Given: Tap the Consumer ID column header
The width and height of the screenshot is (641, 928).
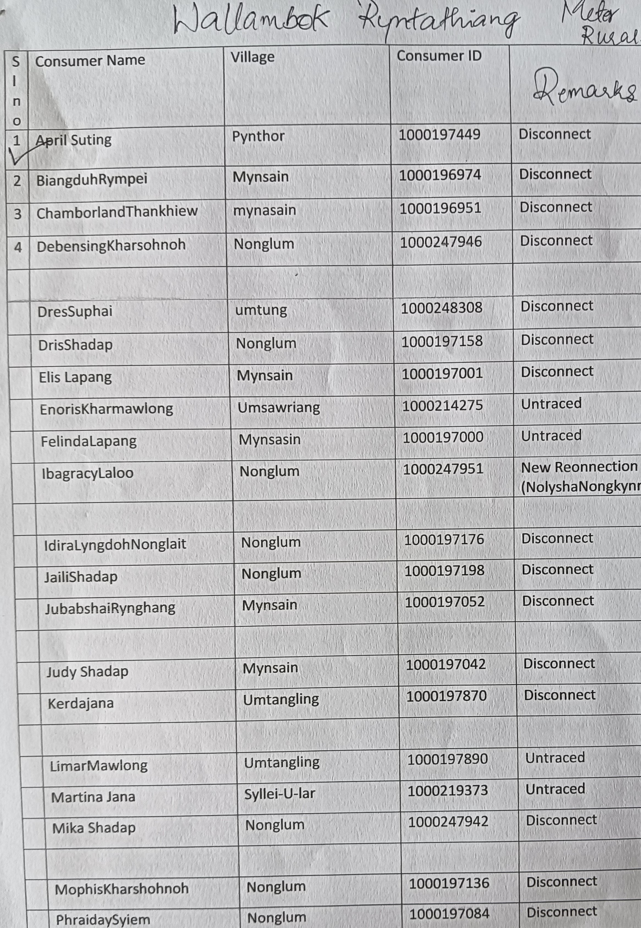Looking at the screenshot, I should tap(439, 56).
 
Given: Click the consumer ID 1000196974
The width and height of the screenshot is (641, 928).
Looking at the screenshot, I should tap(440, 175).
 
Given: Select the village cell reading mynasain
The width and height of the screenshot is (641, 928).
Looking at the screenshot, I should tap(264, 210).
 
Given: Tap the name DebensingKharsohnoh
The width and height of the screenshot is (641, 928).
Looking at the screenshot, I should tap(111, 245).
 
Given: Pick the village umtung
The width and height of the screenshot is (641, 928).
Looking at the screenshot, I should tap(261, 310).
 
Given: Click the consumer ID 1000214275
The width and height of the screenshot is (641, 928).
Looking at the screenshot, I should tap(442, 405).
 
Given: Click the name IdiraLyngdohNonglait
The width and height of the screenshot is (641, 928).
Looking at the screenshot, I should tap(115, 544).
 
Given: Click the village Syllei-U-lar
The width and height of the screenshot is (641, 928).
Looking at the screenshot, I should tap(280, 793).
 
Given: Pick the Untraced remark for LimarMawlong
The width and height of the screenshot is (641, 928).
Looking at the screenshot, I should tap(555, 758).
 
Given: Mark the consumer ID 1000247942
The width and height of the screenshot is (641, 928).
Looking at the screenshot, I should tap(448, 822).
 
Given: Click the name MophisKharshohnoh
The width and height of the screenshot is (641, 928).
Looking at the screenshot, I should tap(122, 889).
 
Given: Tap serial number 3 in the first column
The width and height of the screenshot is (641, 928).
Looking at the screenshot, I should tap(18, 214).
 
